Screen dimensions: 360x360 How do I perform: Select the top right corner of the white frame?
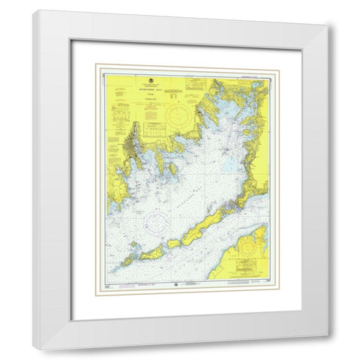coord(328,23)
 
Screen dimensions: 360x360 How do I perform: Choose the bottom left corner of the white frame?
coord(40,350)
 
